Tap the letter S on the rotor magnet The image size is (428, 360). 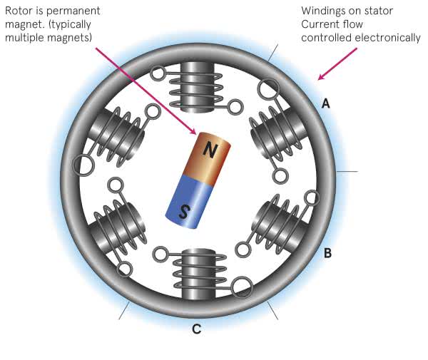(x=184, y=211)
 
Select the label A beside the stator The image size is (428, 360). (x=326, y=103)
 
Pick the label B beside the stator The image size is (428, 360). (x=327, y=252)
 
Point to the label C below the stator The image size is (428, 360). (x=196, y=329)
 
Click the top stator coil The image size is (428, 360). (x=195, y=86)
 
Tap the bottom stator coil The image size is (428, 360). (x=195, y=274)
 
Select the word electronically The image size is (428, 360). (x=389, y=37)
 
